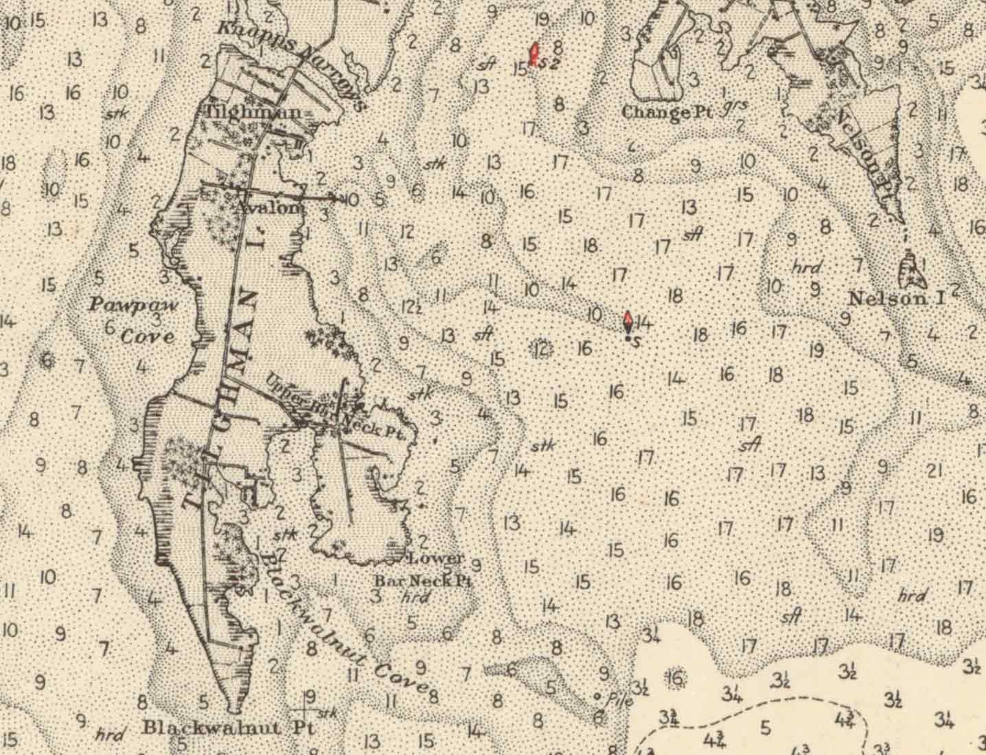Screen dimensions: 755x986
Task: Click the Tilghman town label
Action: tap(254, 112)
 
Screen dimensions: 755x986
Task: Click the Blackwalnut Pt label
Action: tap(229, 728)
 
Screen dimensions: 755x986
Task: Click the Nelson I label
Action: tap(896, 299)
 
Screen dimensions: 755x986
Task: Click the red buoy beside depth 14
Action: tap(628, 322)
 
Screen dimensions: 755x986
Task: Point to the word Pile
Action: tap(620, 700)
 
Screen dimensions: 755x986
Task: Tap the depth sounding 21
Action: tap(934, 471)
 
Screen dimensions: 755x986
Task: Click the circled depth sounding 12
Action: tap(541, 348)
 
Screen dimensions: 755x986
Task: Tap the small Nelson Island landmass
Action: tap(911, 268)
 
